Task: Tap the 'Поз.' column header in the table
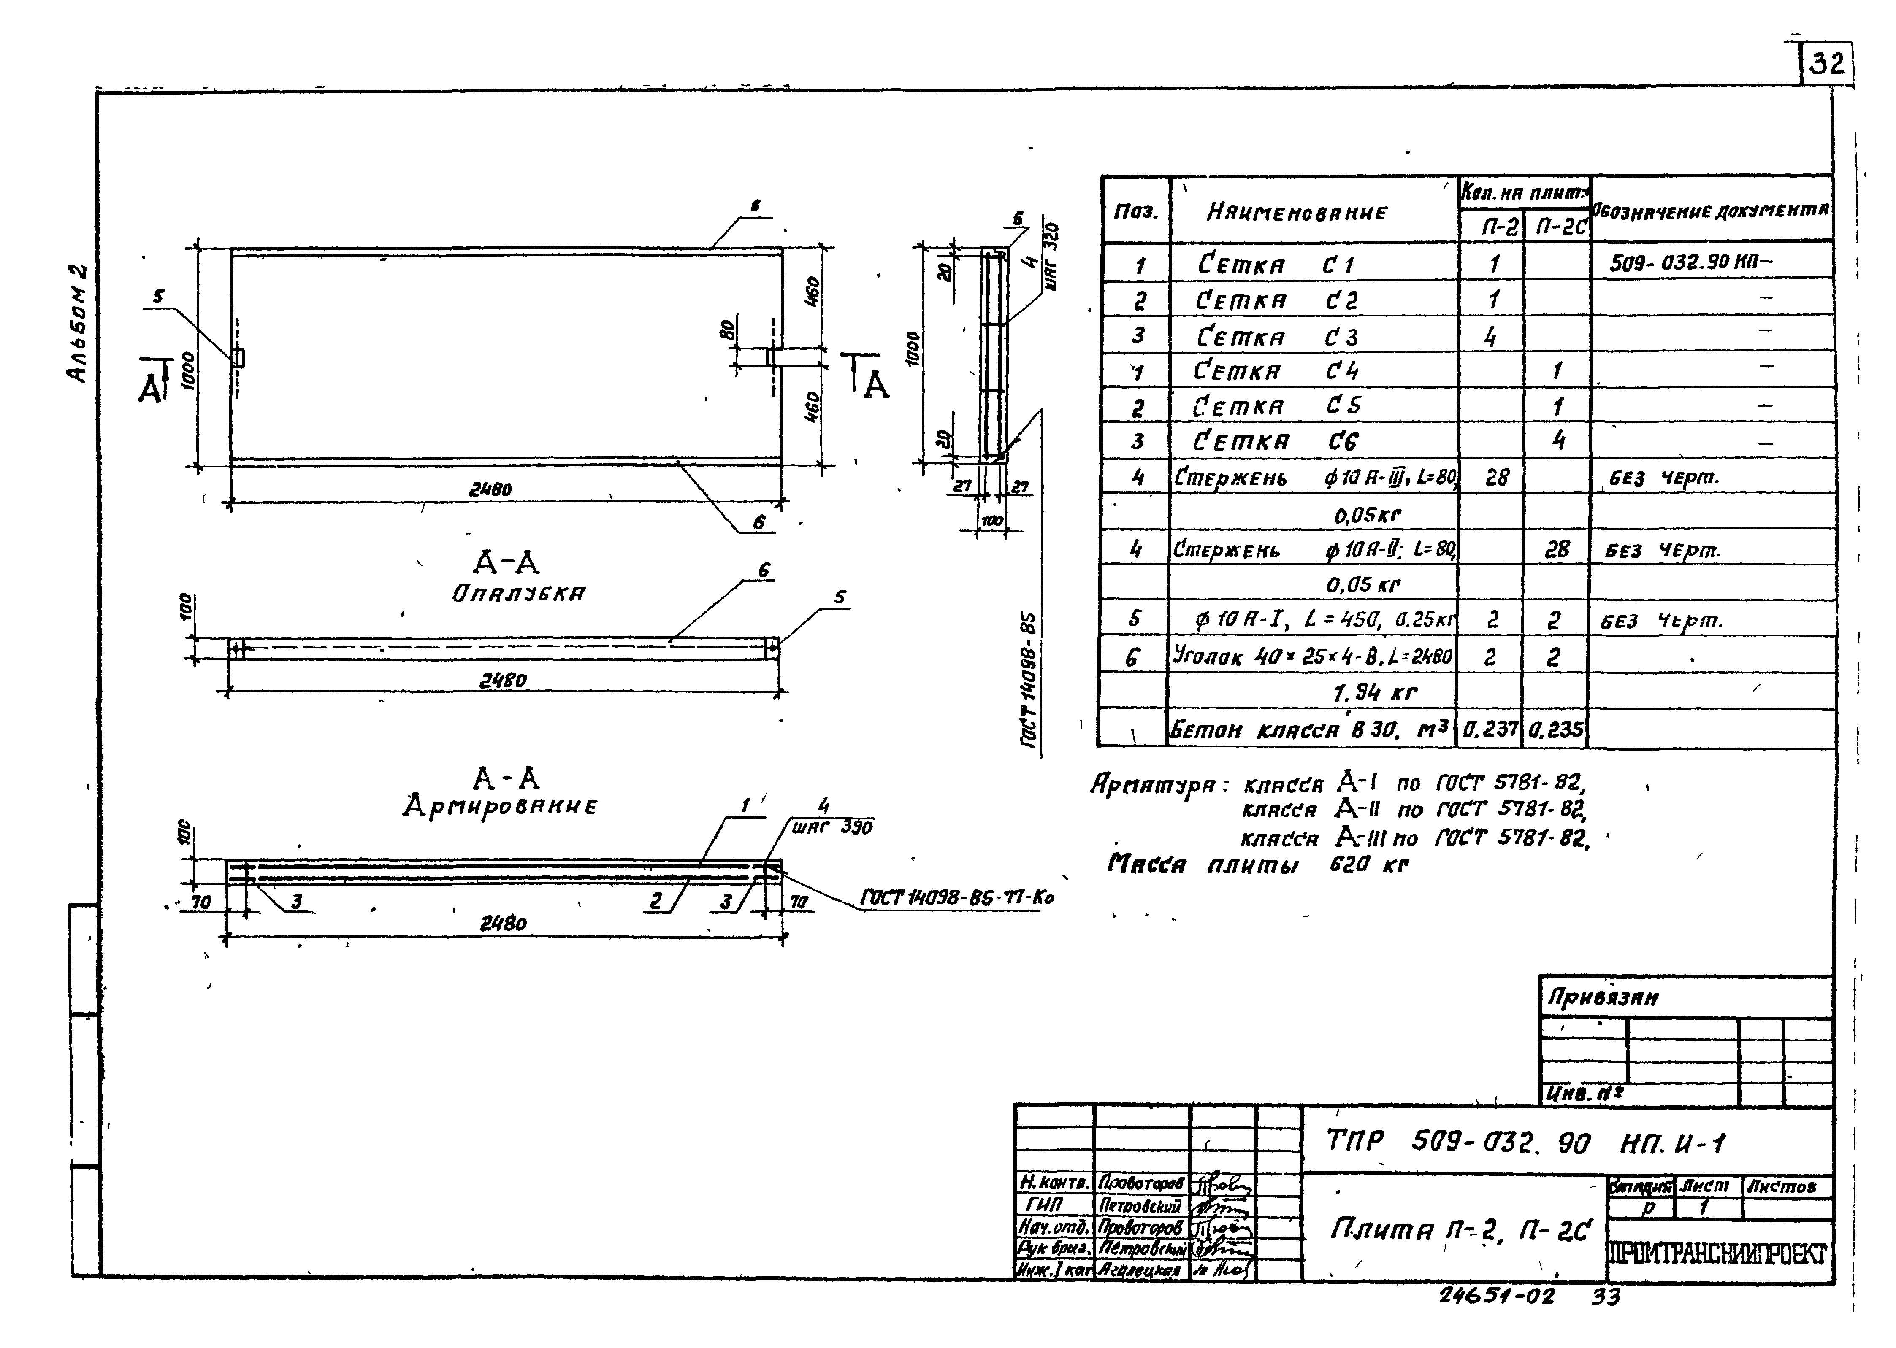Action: coord(1135,211)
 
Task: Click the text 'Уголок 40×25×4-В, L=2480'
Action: coord(1312,656)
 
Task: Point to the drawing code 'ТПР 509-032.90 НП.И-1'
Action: coord(1525,1144)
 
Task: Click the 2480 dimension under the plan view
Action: coord(490,490)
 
